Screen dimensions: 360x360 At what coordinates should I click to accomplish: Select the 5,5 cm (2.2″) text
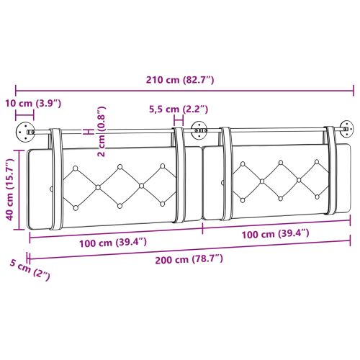[178, 109]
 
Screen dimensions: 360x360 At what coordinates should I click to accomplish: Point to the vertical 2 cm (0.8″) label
[101, 131]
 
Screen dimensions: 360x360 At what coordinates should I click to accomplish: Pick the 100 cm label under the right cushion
[276, 233]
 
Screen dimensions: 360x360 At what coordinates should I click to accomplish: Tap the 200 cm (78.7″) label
[189, 258]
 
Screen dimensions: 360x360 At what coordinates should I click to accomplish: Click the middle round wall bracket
[198, 131]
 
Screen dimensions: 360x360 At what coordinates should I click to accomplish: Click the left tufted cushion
[108, 187]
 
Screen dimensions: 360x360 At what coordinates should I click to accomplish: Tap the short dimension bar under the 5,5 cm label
[178, 120]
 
